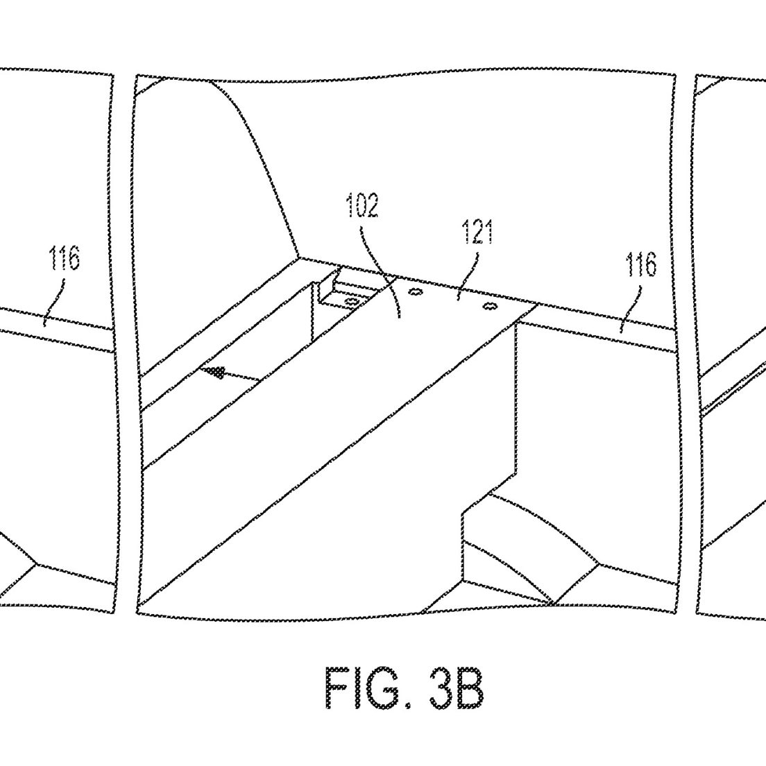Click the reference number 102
pyautogui.click(x=362, y=205)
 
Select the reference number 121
pyautogui.click(x=477, y=232)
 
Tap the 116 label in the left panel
pyautogui.click(x=64, y=258)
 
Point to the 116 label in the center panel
pyautogui.click(x=641, y=265)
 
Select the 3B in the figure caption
pyautogui.click(x=457, y=688)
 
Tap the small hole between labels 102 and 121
pyautogui.click(x=415, y=292)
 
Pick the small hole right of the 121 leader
pyautogui.click(x=489, y=306)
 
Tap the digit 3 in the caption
pyautogui.click(x=443, y=688)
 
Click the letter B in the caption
pyautogui.click(x=471, y=688)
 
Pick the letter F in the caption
pyautogui.click(x=338, y=688)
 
